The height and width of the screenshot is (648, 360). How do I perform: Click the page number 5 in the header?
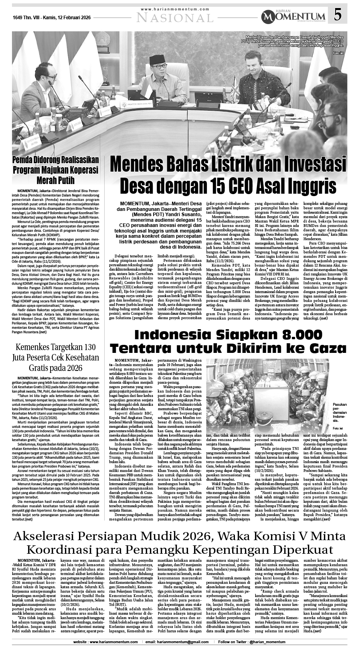[338, 15]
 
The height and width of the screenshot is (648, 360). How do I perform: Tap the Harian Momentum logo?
[293, 16]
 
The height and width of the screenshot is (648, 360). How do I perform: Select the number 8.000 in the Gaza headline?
[290, 335]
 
